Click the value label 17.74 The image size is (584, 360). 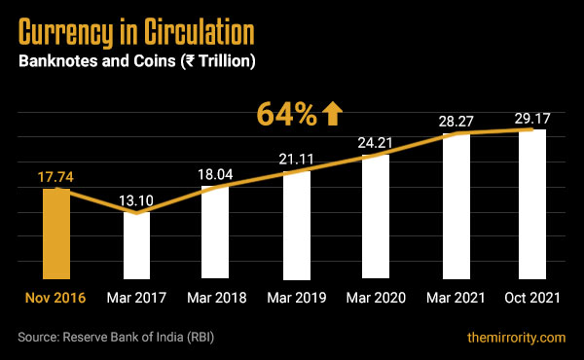tap(56, 176)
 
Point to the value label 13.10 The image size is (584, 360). tap(136, 200)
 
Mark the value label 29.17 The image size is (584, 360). tap(532, 118)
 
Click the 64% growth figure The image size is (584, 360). tap(286, 115)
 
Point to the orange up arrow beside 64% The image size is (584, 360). tap(333, 115)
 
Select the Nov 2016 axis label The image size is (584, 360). tap(56, 298)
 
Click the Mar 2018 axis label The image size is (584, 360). tap(216, 298)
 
